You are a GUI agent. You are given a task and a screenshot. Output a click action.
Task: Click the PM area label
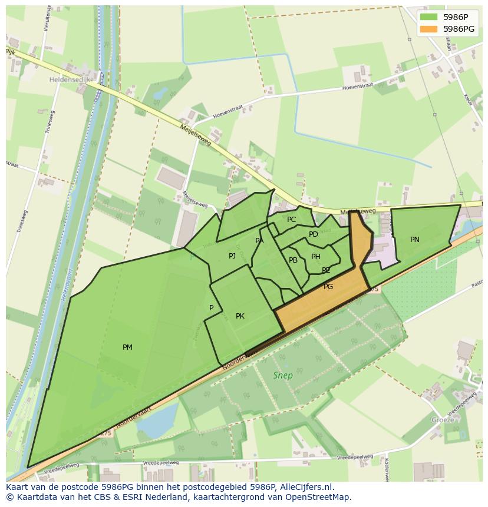click(x=127, y=347)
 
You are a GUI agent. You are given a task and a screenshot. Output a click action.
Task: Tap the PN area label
click(x=415, y=240)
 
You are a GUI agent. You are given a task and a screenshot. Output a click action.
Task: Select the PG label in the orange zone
click(x=328, y=287)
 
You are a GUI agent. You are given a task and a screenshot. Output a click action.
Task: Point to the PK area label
click(x=240, y=316)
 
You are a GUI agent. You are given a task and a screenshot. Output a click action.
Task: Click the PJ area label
click(x=232, y=256)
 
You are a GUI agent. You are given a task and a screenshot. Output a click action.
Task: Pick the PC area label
click(x=292, y=220)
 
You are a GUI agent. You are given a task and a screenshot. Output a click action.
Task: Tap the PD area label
click(x=314, y=234)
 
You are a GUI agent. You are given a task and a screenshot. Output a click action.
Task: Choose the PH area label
click(x=316, y=257)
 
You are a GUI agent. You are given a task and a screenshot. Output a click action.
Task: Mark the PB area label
click(x=293, y=260)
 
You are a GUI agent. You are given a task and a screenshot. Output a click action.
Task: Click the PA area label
click(x=259, y=241)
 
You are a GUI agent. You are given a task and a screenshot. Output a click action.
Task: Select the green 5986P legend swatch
click(x=429, y=17)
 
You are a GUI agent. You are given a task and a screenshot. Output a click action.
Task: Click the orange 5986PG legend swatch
click(x=429, y=29)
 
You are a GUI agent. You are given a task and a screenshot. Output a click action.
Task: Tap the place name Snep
click(x=283, y=375)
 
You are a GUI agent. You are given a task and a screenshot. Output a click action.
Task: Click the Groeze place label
click(x=443, y=420)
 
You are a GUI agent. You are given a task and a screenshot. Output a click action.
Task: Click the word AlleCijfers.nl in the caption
click(x=304, y=487)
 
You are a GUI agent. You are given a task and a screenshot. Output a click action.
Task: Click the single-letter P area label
click(x=211, y=308)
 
